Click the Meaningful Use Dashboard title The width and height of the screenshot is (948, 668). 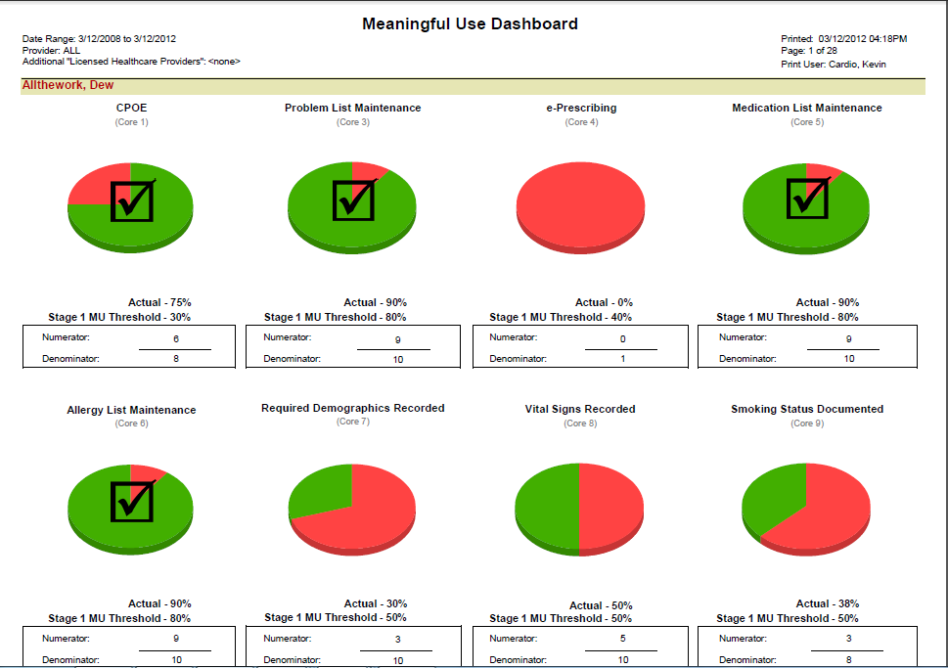(x=470, y=23)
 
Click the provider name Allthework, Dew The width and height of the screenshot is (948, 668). (x=68, y=86)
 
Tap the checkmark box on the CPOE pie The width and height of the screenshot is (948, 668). (x=132, y=200)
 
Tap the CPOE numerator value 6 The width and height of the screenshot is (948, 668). (x=176, y=339)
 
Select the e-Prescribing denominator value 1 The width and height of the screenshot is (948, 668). (x=621, y=359)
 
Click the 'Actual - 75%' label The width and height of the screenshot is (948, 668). (x=159, y=302)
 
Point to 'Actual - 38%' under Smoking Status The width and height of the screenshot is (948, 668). (x=828, y=603)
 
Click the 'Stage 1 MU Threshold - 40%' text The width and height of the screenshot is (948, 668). (x=561, y=317)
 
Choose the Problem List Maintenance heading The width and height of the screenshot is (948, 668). (x=352, y=108)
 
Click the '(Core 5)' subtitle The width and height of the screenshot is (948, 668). (x=806, y=122)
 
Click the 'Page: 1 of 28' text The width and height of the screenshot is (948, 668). (x=807, y=51)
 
